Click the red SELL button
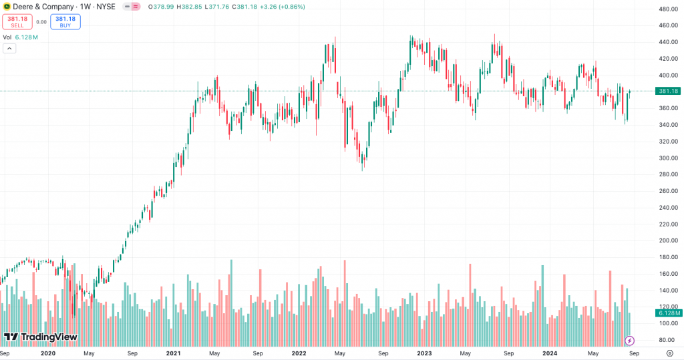tap(17, 21)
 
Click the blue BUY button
tap(65, 21)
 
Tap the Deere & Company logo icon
tap(7, 6)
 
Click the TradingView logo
tap(40, 337)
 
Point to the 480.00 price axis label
tap(668, 9)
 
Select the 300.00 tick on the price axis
tap(668, 158)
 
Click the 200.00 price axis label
tap(668, 240)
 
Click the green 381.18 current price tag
tap(668, 91)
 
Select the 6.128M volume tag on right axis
tap(668, 313)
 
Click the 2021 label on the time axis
tap(173, 353)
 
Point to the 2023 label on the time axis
tap(424, 353)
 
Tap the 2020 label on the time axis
tap(47, 353)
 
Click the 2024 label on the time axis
tap(550, 353)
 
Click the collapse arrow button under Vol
tap(9, 49)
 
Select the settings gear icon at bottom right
tap(669, 353)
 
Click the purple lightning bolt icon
tap(629, 341)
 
